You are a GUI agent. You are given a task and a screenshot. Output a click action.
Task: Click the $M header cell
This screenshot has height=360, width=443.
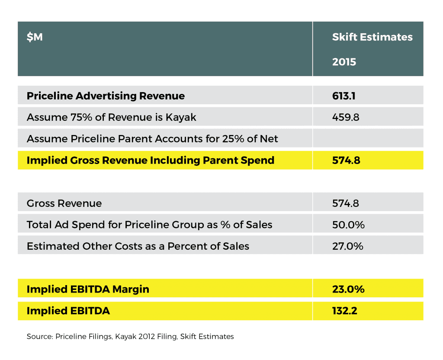pyautogui.click(x=35, y=37)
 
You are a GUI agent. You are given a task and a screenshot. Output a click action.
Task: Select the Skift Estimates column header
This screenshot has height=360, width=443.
pyautogui.click(x=372, y=37)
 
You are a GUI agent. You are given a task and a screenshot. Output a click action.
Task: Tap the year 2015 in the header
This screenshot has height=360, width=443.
pyautogui.click(x=344, y=62)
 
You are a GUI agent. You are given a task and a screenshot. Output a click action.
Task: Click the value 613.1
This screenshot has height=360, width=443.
pyautogui.click(x=343, y=96)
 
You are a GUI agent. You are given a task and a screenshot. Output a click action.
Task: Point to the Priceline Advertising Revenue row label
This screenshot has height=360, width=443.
pyautogui.click(x=106, y=96)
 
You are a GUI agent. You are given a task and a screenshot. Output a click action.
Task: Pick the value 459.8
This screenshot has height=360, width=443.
pyautogui.click(x=345, y=117)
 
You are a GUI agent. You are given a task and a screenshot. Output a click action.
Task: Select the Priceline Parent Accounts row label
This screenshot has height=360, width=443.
pyautogui.click(x=152, y=139)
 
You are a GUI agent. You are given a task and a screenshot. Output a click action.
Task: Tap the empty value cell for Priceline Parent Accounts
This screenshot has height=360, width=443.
pyautogui.click(x=368, y=139)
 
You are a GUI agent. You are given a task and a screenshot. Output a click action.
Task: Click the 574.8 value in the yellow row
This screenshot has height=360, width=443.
pyautogui.click(x=345, y=160)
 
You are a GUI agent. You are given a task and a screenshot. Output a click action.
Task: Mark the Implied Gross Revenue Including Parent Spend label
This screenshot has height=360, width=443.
pyautogui.click(x=150, y=160)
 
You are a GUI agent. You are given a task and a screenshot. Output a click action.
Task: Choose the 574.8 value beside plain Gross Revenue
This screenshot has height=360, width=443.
pyautogui.click(x=345, y=203)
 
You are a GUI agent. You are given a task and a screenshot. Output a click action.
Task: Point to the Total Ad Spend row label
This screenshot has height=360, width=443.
pyautogui.click(x=149, y=225)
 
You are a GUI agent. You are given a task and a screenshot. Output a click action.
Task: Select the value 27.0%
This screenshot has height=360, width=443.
pyautogui.click(x=347, y=246)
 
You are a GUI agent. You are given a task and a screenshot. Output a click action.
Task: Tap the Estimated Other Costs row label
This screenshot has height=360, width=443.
pyautogui.click(x=138, y=246)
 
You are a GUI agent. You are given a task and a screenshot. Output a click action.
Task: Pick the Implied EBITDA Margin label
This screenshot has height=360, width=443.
pyautogui.click(x=88, y=289)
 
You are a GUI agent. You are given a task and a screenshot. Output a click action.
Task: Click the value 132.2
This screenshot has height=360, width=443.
pyautogui.click(x=344, y=311)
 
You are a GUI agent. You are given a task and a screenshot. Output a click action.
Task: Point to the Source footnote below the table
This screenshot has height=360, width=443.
pyautogui.click(x=130, y=336)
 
